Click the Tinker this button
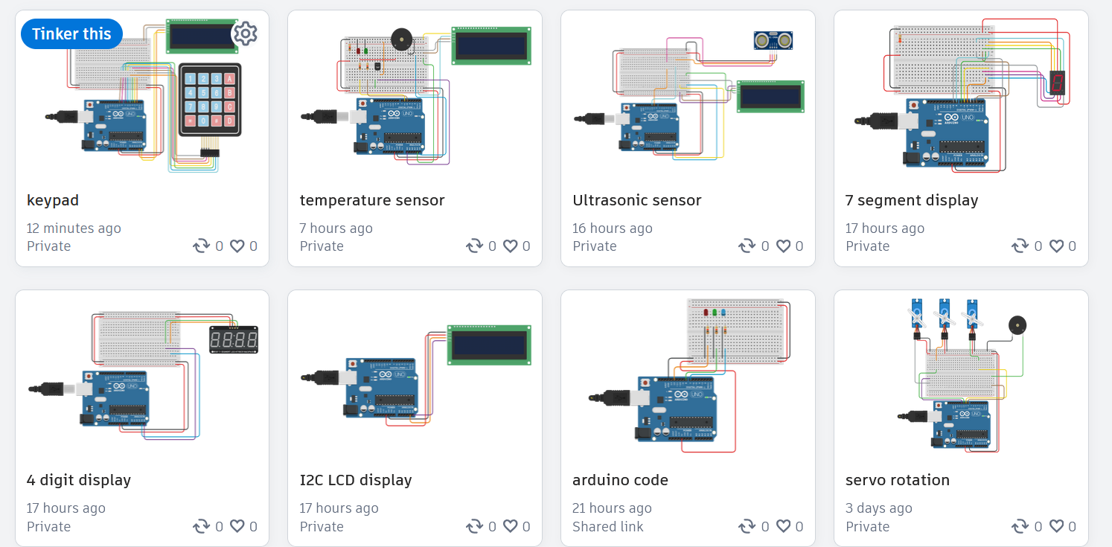click(x=71, y=33)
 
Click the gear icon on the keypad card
click(x=245, y=33)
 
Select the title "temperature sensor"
click(x=371, y=200)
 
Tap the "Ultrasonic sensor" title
click(x=636, y=200)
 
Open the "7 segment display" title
click(x=911, y=200)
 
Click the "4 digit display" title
click(x=79, y=480)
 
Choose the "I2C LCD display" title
click(x=356, y=480)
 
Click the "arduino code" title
click(x=620, y=480)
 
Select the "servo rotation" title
click(x=897, y=480)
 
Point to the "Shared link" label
click(x=607, y=526)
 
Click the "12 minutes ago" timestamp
click(x=74, y=228)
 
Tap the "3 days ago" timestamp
click(x=878, y=508)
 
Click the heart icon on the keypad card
click(x=237, y=246)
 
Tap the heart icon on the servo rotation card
click(x=1055, y=526)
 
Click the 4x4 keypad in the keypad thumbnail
click(x=210, y=100)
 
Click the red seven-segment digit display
click(x=1058, y=83)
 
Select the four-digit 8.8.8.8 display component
click(x=233, y=340)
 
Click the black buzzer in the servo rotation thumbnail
click(x=1015, y=325)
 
